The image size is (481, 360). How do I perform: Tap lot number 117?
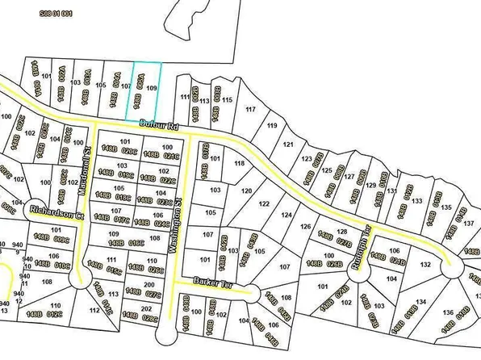click(x=250, y=108)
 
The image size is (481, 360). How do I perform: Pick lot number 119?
click(x=272, y=126)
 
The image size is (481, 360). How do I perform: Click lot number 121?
click(x=288, y=144)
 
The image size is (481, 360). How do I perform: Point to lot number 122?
click(x=264, y=203)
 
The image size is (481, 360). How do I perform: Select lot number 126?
click(x=306, y=227)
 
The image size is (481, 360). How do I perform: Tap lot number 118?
click(x=239, y=164)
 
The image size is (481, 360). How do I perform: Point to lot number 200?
click(x=148, y=285)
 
